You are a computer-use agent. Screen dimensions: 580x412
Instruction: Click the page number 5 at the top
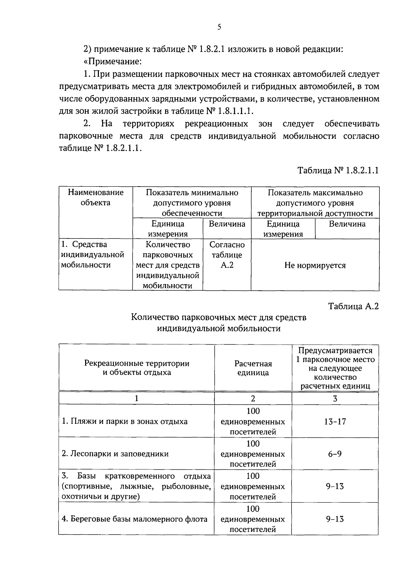pos(219,27)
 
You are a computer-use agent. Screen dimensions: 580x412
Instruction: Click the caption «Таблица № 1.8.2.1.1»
pos(338,170)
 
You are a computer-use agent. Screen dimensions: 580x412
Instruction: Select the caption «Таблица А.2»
pos(353,306)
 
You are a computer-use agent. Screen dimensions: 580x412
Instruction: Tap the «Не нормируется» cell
pos(315,265)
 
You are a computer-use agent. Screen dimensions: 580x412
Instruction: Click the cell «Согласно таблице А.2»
pos(227,255)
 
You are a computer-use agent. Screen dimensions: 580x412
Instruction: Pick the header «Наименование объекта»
pos(95,197)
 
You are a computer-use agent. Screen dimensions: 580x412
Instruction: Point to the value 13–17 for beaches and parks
pos(335,421)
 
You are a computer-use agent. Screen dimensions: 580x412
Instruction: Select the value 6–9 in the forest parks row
pos(335,454)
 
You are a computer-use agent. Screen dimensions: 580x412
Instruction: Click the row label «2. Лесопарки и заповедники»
pos(115,454)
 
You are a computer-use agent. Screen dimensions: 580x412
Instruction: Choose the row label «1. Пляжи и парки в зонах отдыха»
pos(125,421)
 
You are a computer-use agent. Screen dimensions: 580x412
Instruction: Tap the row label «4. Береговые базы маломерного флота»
pos(135,519)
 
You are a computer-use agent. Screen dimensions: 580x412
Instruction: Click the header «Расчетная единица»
pos(253,368)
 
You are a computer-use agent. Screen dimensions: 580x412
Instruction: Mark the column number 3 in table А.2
pos(335,399)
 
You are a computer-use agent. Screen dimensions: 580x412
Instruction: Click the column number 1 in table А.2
pos(137,399)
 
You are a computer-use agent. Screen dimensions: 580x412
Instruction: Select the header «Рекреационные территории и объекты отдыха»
pos(137,368)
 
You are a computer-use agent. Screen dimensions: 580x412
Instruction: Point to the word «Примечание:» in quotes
pos(113,62)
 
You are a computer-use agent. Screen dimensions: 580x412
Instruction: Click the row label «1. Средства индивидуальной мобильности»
pos(92,255)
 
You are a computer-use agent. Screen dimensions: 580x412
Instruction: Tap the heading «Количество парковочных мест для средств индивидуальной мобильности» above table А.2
pos(219,323)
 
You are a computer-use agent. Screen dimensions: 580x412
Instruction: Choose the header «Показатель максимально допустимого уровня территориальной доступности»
pos(315,203)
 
